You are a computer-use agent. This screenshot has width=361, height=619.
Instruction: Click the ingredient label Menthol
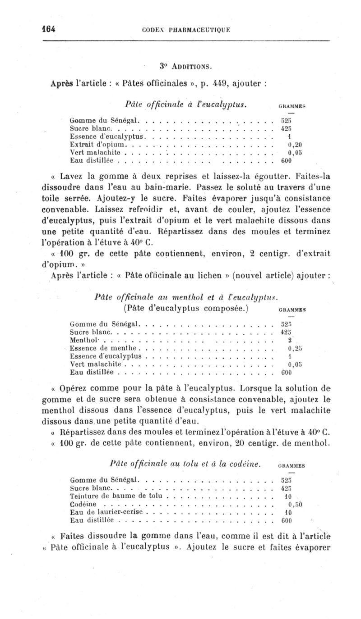tap(83, 341)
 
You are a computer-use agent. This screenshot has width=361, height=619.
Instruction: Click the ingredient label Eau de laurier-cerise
tap(106, 512)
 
